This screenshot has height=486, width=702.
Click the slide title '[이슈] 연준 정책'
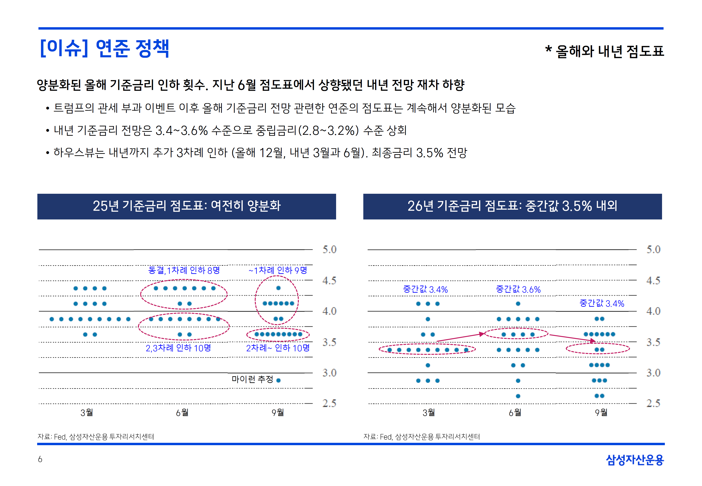[x=104, y=48]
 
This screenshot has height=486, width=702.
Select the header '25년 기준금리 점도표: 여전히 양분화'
[x=186, y=206]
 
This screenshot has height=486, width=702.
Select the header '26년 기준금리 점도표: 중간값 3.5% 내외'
[x=512, y=206]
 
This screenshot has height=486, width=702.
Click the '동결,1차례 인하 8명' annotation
[x=184, y=270]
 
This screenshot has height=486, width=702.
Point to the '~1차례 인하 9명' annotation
[x=278, y=270]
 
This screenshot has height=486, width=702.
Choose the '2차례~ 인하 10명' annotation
[x=278, y=348]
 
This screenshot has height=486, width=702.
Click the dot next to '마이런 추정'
[x=278, y=380]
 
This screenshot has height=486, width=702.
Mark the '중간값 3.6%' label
[x=518, y=289]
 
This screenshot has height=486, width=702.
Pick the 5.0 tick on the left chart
[x=329, y=249]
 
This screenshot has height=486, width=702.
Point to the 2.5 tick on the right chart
[x=653, y=403]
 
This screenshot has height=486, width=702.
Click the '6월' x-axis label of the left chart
[x=182, y=413]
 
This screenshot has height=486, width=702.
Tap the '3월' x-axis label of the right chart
[x=429, y=413]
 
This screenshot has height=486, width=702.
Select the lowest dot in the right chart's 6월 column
[x=518, y=396]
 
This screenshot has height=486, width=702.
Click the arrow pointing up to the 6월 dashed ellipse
[x=460, y=337]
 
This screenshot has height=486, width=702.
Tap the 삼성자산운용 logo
[x=635, y=460]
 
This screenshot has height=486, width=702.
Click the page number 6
[x=40, y=459]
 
